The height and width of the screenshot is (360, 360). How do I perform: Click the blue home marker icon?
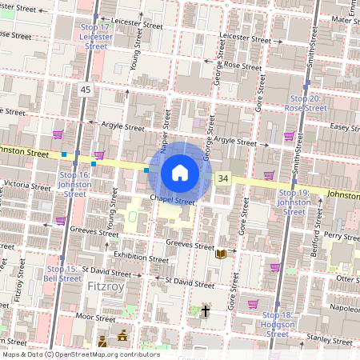[180, 172]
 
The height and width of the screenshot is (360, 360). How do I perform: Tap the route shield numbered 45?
[86, 90]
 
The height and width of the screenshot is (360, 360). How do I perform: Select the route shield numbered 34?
[223, 178]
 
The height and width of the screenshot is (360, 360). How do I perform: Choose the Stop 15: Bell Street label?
[62, 273]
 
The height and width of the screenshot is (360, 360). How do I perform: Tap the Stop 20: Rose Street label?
[305, 102]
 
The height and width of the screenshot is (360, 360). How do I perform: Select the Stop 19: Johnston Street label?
[294, 202]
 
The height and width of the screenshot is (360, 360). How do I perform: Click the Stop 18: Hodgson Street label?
[278, 328]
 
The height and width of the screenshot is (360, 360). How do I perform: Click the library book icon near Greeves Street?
[221, 254]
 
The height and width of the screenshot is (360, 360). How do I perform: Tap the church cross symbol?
[205, 310]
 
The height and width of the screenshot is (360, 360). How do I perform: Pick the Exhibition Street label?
[141, 258]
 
